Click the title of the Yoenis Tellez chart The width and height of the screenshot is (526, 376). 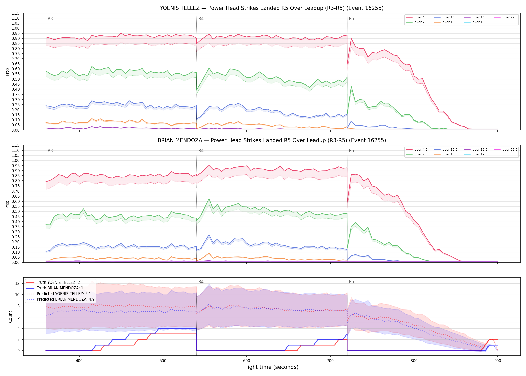pyautogui.click(x=272, y=8)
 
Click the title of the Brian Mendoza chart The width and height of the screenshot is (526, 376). pyautogui.click(x=272, y=140)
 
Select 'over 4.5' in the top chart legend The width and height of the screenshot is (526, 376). pyautogui.click(x=421, y=17)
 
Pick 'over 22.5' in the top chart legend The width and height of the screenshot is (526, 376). pyautogui.click(x=510, y=17)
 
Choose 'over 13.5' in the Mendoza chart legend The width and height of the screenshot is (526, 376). pyautogui.click(x=450, y=154)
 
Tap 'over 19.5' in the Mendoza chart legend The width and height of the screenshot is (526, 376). pyautogui.click(x=480, y=154)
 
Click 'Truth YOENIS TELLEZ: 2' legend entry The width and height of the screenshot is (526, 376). pyautogui.click(x=58, y=283)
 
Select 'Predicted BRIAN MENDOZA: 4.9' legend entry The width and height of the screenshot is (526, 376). pyautogui.click(x=66, y=299)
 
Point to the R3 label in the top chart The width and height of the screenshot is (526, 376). pyautogui.click(x=50, y=19)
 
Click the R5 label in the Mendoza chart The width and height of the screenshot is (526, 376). pyautogui.click(x=351, y=151)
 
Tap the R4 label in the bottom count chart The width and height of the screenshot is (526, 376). pyautogui.click(x=201, y=282)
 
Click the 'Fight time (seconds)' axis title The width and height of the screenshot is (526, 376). pyautogui.click(x=272, y=367)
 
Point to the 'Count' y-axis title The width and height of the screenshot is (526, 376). pyautogui.click(x=10, y=317)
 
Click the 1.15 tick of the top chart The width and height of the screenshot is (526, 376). pyautogui.click(x=16, y=13)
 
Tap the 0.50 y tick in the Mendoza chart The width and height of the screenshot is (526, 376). pyautogui.click(x=16, y=212)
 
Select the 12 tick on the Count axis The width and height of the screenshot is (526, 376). pyautogui.click(x=17, y=284)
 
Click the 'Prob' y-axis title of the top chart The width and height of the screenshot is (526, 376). pyautogui.click(x=7, y=72)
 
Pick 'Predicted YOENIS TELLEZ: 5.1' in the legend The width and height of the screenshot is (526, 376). pyautogui.click(x=64, y=294)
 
